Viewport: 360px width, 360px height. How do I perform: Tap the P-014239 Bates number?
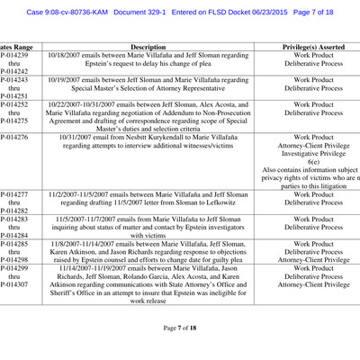14,55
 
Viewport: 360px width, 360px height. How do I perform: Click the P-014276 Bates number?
14,137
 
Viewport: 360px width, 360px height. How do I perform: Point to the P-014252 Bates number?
14,104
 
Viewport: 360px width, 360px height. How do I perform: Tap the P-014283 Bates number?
14,219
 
